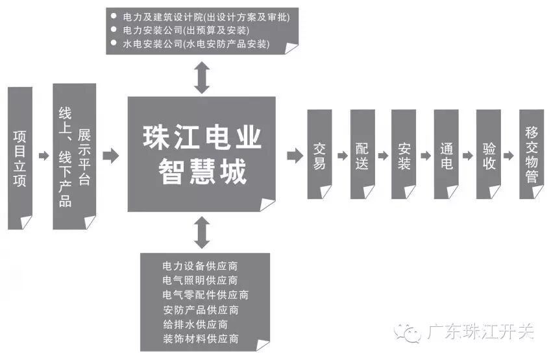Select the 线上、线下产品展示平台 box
[74, 156]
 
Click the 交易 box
[319, 154]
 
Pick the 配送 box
[362, 154]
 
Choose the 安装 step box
[404, 154]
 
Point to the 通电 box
[446, 154]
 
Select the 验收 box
[489, 154]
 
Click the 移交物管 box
[532, 154]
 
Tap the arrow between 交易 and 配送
[341, 156]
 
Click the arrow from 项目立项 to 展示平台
[43, 156]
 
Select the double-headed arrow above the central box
[202, 78]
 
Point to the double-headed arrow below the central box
[202, 233]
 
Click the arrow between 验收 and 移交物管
[510, 156]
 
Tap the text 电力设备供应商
[201, 266]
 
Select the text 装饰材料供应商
[201, 338]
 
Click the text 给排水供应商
[195, 324]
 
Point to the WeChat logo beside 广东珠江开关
[411, 333]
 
